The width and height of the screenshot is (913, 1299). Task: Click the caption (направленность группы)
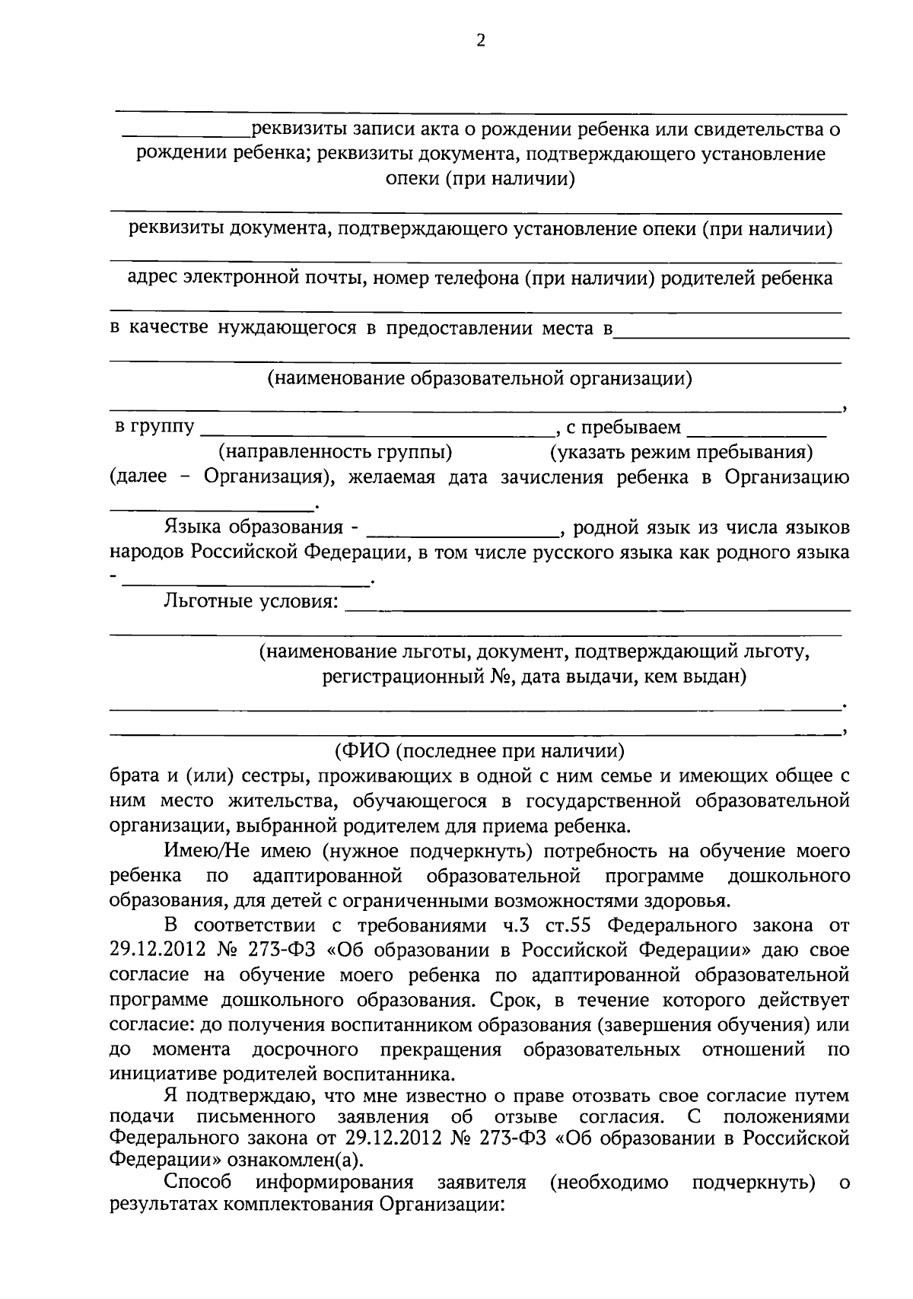[336, 453]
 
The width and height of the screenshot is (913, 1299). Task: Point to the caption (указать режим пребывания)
[682, 453]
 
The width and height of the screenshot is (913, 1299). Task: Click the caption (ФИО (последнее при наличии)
[479, 751]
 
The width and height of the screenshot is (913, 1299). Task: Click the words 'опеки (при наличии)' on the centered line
[479, 180]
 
